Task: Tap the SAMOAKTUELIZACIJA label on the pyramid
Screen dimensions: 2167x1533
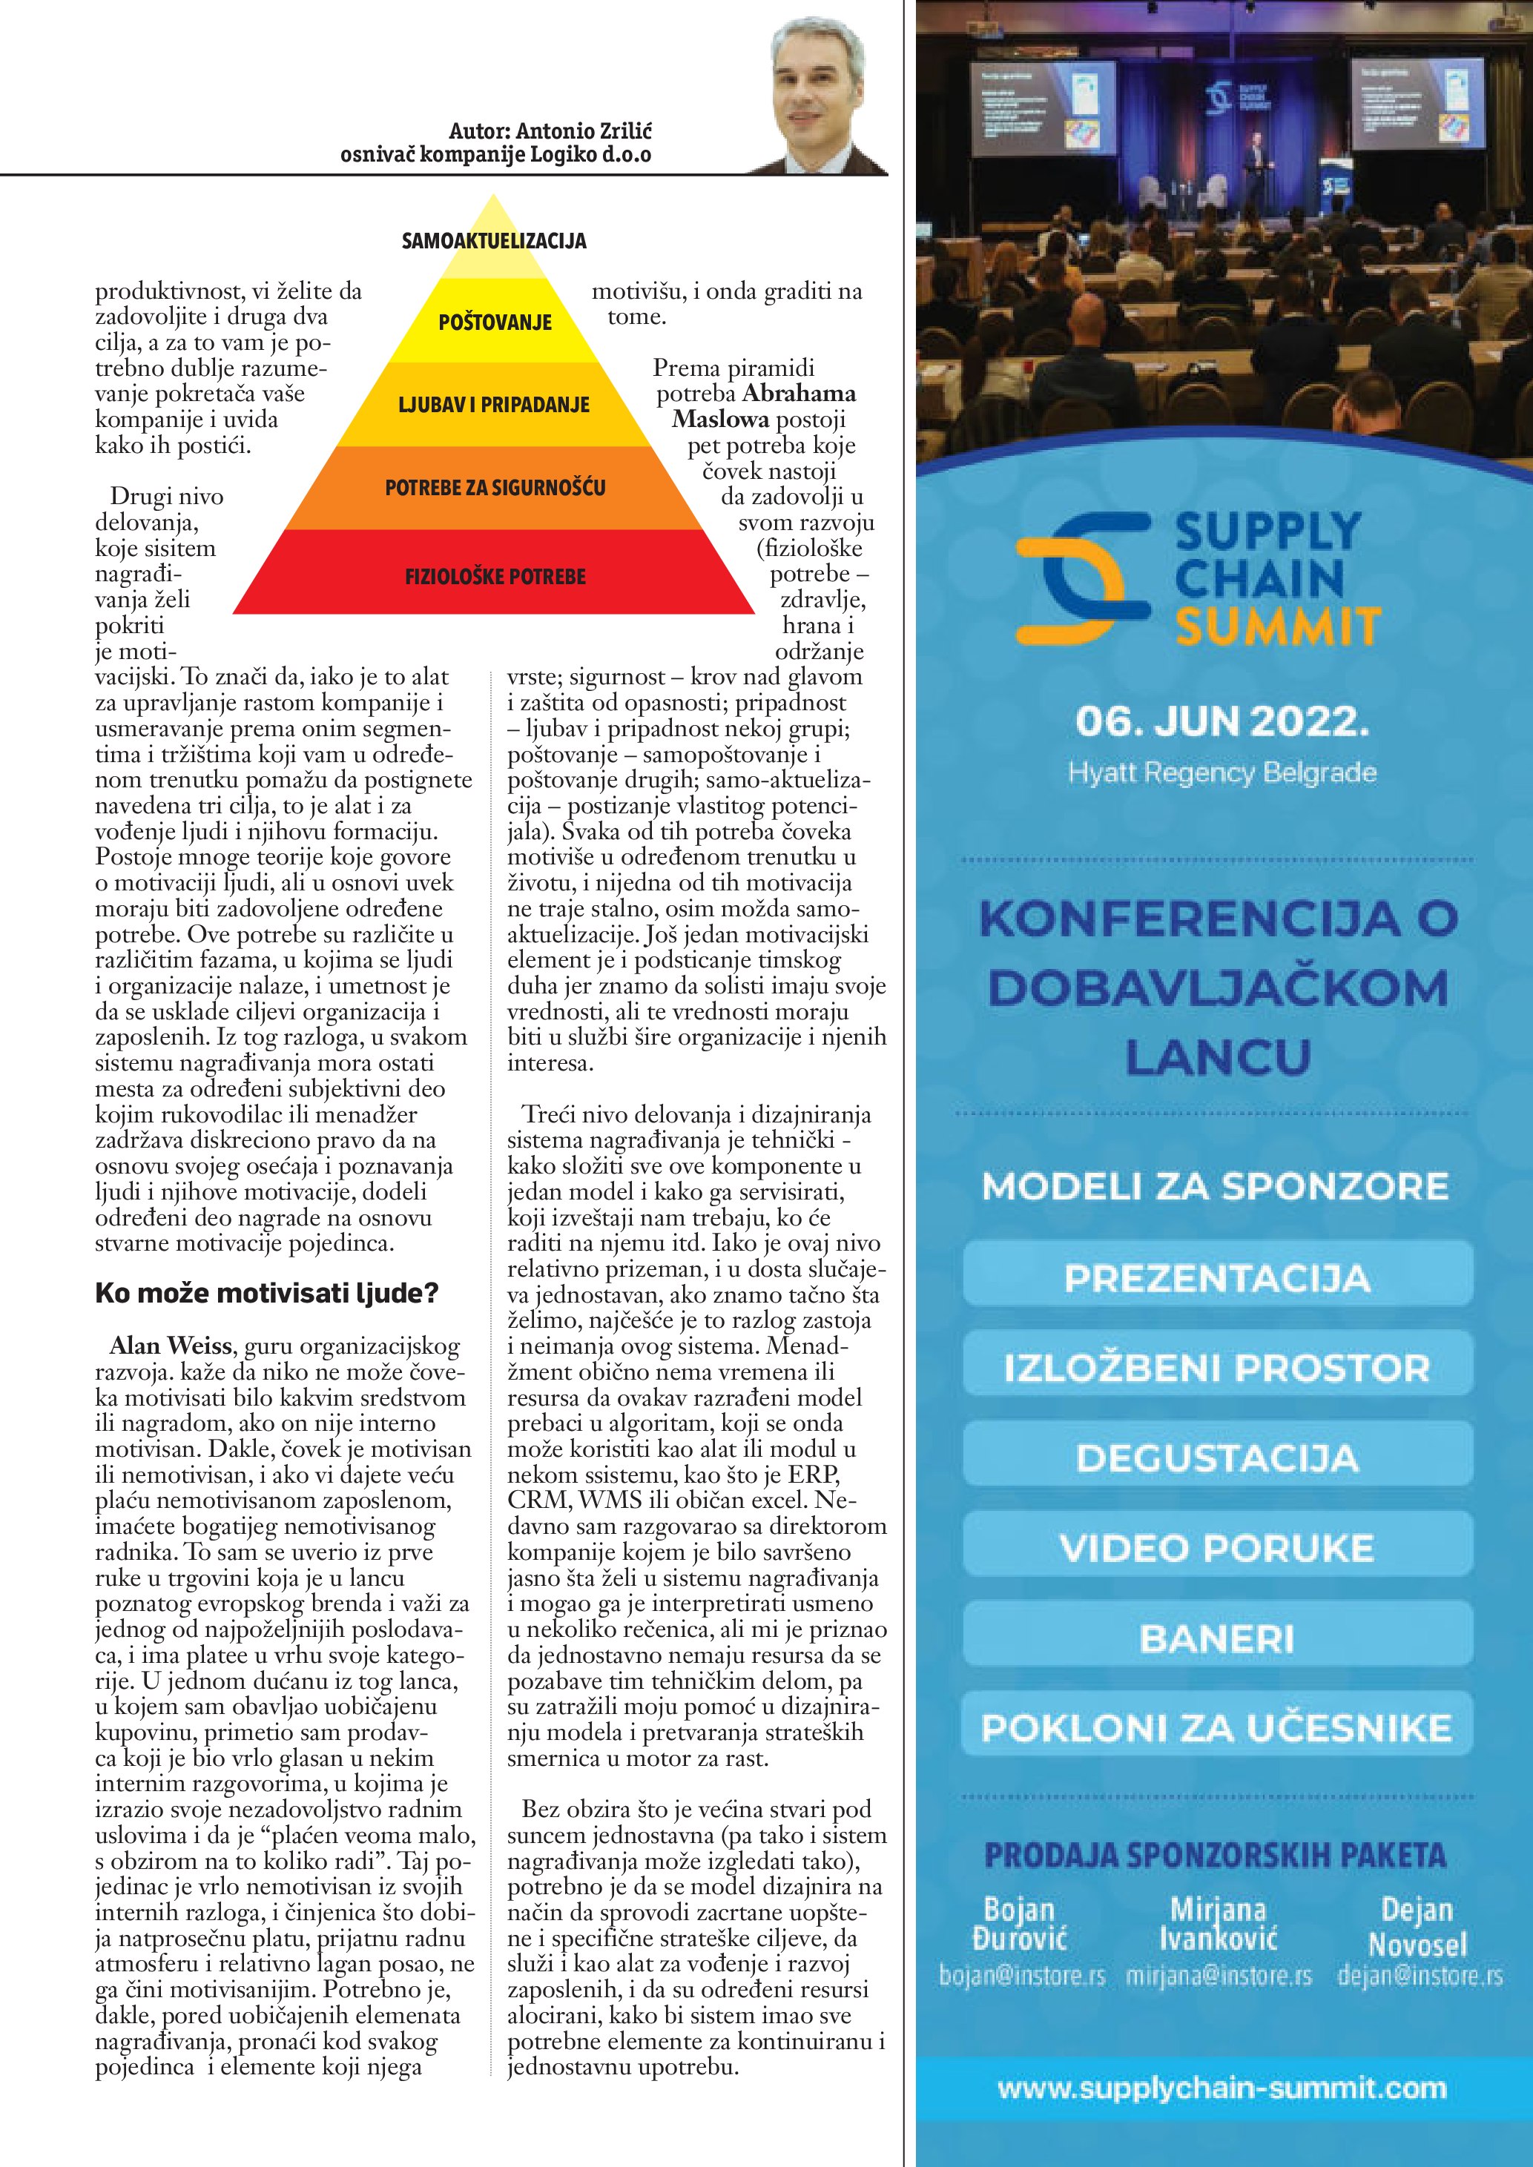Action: pyautogui.click(x=494, y=242)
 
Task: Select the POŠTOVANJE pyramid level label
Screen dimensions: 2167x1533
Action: pyautogui.click(x=495, y=322)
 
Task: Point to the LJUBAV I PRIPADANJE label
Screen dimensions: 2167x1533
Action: pyautogui.click(x=494, y=405)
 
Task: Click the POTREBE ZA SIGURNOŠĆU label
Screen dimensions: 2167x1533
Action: pyautogui.click(x=495, y=488)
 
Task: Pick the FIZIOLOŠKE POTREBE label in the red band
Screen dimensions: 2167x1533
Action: pyautogui.click(x=495, y=576)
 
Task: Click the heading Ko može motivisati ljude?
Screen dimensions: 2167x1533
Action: pyautogui.click(x=267, y=1292)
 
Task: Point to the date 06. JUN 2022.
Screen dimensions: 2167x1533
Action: pyautogui.click(x=1222, y=722)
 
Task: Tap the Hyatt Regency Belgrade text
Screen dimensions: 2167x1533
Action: pyautogui.click(x=1222, y=773)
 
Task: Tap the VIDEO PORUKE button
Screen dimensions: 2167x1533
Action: pyautogui.click(x=1217, y=1548)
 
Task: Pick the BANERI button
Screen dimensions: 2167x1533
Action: pyautogui.click(x=1217, y=1638)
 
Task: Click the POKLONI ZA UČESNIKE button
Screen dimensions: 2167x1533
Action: pyautogui.click(x=1217, y=1728)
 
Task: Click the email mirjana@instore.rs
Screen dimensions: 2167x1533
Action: pyautogui.click(x=1219, y=1976)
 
